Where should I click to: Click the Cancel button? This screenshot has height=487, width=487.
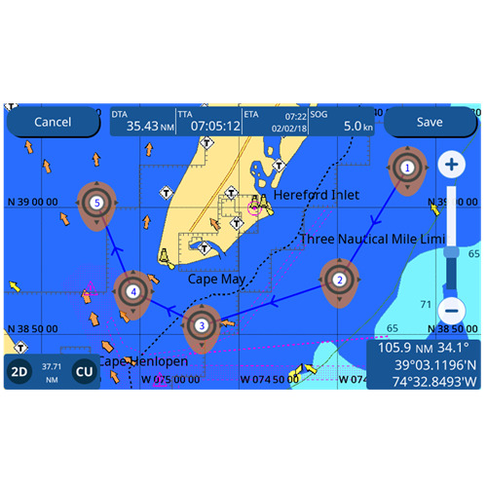[53, 122]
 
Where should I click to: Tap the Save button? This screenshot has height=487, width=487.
[429, 122]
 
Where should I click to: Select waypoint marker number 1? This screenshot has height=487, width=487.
[406, 168]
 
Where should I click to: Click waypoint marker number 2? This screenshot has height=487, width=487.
[339, 280]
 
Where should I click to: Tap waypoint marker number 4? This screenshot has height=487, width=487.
[132, 290]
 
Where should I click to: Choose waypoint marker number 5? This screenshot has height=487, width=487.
[96, 203]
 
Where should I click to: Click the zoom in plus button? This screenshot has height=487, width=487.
[451, 165]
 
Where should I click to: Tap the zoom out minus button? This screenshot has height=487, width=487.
[451, 311]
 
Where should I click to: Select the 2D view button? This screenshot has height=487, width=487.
[19, 371]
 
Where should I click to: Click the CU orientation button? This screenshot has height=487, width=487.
[85, 371]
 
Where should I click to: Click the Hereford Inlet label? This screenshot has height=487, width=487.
[316, 195]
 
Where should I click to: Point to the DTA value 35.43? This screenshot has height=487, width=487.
[143, 126]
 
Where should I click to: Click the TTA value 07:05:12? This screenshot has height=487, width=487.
[215, 126]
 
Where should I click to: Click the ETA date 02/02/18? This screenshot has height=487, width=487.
[288, 128]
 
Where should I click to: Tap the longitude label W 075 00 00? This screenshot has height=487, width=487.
[171, 379]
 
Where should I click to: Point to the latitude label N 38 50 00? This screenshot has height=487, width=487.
[31, 328]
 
